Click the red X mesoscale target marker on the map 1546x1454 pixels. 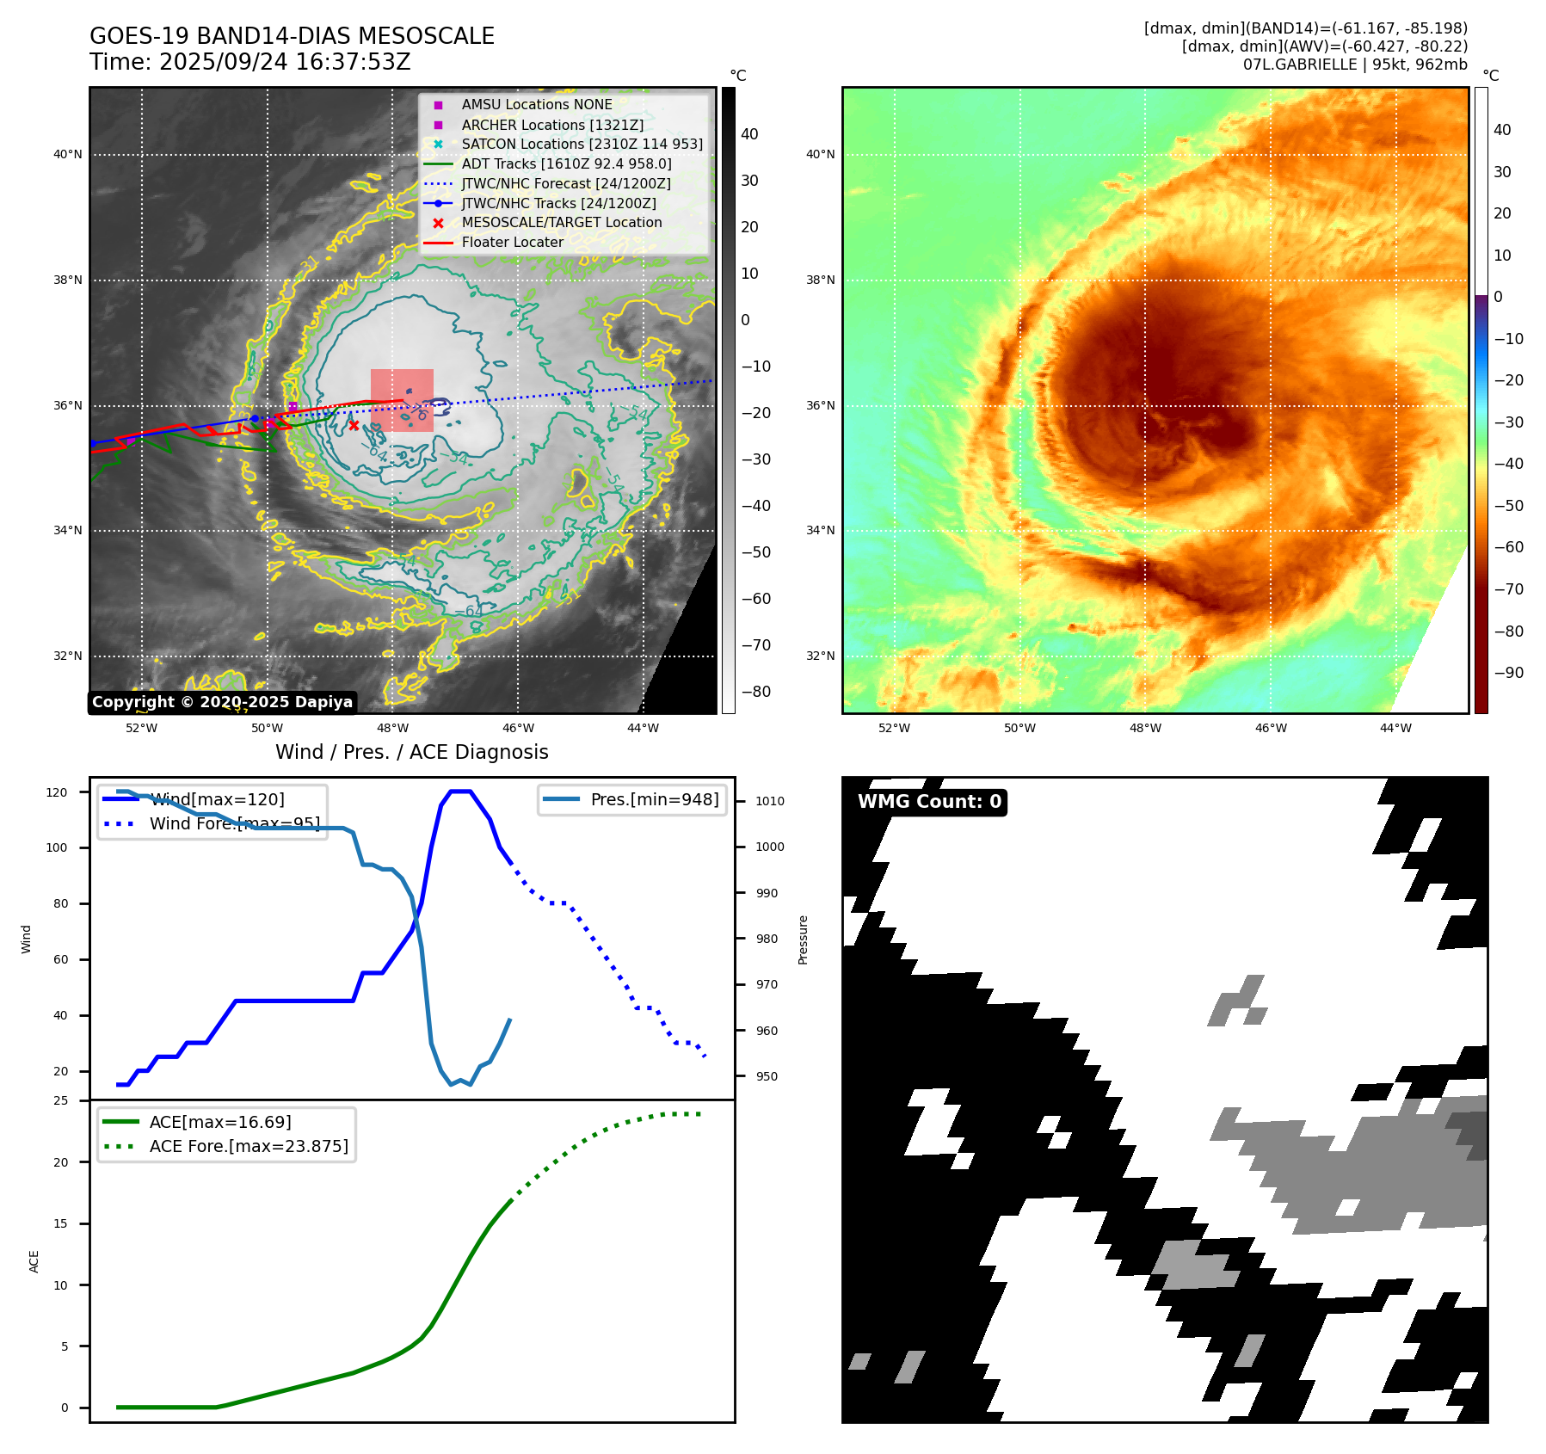click(354, 425)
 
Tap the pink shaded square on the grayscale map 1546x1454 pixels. click(402, 400)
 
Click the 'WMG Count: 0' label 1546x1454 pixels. click(929, 802)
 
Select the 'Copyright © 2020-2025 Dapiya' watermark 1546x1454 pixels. click(222, 702)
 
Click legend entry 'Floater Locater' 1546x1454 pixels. click(512, 243)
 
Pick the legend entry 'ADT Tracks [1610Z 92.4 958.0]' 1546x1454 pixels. click(566, 163)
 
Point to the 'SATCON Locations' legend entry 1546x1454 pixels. click(582, 145)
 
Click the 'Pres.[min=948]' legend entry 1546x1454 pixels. click(654, 799)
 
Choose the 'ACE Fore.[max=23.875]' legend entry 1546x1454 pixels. click(249, 1147)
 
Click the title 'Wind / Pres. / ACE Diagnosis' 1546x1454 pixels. click(411, 752)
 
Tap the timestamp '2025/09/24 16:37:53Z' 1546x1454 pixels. click(285, 62)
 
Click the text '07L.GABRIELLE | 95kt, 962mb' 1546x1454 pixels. click(1354, 65)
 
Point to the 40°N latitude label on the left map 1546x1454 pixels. click(68, 155)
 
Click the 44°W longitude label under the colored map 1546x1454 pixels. click(1395, 728)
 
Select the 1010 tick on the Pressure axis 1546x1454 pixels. click(770, 801)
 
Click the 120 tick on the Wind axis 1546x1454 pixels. click(57, 792)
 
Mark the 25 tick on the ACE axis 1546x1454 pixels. click(60, 1100)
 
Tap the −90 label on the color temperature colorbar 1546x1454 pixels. click(1508, 673)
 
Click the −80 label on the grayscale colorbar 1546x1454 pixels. click(756, 692)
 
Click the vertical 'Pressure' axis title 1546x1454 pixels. click(803, 940)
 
